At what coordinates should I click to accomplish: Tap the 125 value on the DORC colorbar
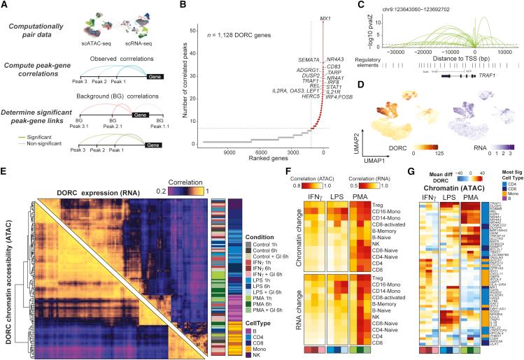click(437, 150)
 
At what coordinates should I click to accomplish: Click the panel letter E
click(5, 170)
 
